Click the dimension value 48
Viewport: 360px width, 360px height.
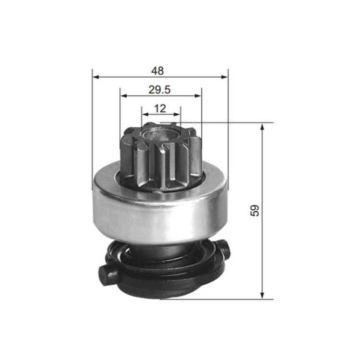pyautogui.click(x=157, y=71)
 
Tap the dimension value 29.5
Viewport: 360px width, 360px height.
pyautogui.click(x=159, y=90)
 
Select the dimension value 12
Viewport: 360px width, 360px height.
pyautogui.click(x=160, y=108)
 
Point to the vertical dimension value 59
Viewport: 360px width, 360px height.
pyautogui.click(x=254, y=210)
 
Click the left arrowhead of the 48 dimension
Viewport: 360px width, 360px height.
pyautogui.click(x=96, y=77)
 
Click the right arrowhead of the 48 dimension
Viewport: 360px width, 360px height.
pyautogui.click(x=225, y=77)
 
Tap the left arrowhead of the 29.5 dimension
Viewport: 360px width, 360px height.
pyautogui.click(x=124, y=96)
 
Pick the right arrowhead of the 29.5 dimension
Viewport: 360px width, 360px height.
pyautogui.click(x=198, y=96)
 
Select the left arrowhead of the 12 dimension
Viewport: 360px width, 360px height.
pyautogui.click(x=145, y=114)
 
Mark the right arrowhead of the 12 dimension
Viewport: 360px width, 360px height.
pyautogui.click(x=177, y=114)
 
